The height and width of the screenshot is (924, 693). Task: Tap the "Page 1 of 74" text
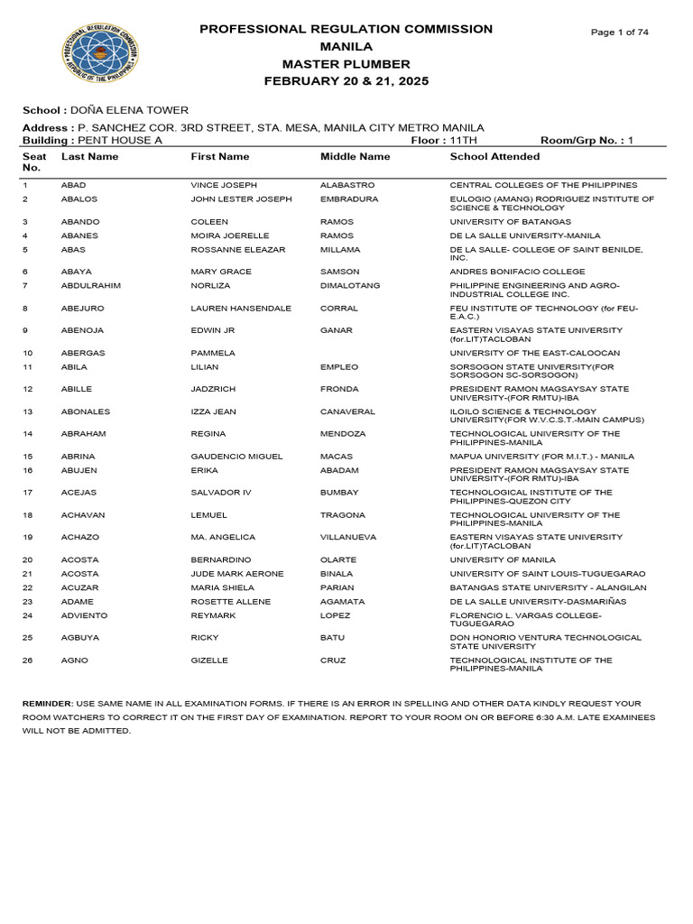pyautogui.click(x=619, y=32)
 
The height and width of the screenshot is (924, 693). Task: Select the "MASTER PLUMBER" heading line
pyautogui.click(x=346, y=64)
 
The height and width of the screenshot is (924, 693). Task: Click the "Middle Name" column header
pyautogui.click(x=356, y=157)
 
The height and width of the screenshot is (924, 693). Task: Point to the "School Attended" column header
pyautogui.click(x=494, y=157)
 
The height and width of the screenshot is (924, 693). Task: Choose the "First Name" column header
pyautogui.click(x=219, y=157)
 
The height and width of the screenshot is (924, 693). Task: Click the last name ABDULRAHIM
pyautogui.click(x=91, y=286)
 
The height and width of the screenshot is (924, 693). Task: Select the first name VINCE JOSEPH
pyautogui.click(x=224, y=185)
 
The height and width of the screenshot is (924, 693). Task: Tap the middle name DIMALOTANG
pyautogui.click(x=350, y=286)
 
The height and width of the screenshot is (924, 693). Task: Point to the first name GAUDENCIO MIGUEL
pyautogui.click(x=236, y=457)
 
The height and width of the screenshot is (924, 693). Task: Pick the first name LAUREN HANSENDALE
pyautogui.click(x=241, y=309)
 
